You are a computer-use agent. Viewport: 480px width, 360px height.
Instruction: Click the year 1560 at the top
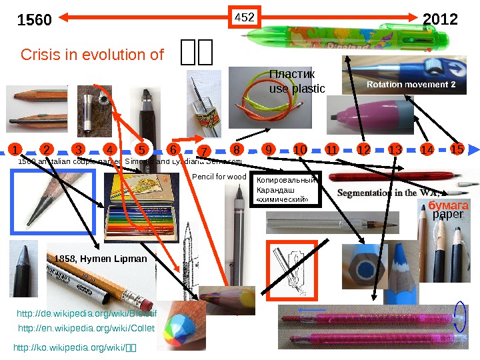(34, 20)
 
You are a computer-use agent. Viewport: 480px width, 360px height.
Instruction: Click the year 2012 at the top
(441, 19)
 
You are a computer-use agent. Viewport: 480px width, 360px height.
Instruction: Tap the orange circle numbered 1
(15, 149)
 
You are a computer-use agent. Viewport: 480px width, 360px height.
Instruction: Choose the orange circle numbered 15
(457, 148)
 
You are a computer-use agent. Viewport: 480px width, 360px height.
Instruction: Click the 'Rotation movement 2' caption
(411, 85)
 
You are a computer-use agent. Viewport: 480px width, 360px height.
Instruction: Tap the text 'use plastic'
(297, 88)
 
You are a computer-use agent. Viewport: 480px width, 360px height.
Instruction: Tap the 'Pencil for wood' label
(219, 177)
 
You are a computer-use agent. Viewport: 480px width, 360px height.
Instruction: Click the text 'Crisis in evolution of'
(93, 55)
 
